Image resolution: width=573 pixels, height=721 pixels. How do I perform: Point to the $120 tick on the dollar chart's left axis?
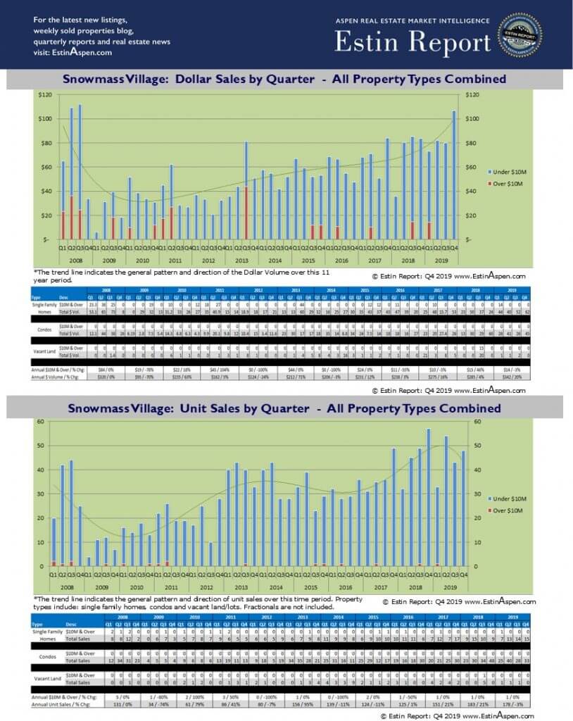point(45,94)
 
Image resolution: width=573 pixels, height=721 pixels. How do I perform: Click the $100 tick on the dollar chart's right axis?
point(472,118)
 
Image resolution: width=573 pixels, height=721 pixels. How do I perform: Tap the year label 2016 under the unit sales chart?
point(345,587)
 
